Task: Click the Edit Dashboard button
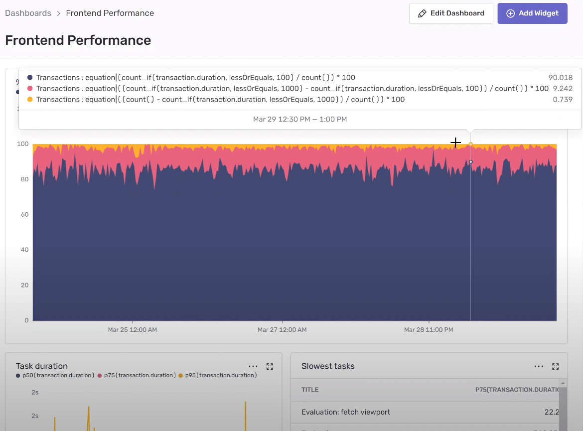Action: pyautogui.click(x=451, y=13)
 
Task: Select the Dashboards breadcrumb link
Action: pyautogui.click(x=28, y=13)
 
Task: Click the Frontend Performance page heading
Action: pyautogui.click(x=78, y=40)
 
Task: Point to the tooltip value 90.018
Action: pyautogui.click(x=560, y=78)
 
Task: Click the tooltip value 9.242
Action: pyautogui.click(x=563, y=89)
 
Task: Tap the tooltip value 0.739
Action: pyautogui.click(x=563, y=100)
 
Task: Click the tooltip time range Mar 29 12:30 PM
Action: pyautogui.click(x=299, y=119)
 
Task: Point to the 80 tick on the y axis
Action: pyautogui.click(x=23, y=179)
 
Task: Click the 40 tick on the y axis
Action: pyautogui.click(x=23, y=250)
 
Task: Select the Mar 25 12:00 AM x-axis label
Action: pyautogui.click(x=133, y=330)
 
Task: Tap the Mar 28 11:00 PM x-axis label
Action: pyautogui.click(x=429, y=330)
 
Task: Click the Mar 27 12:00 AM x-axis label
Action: pyautogui.click(x=282, y=330)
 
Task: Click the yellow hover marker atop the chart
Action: pyautogui.click(x=470, y=144)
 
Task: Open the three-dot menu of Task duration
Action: pyautogui.click(x=253, y=366)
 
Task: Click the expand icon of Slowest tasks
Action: pyautogui.click(x=556, y=366)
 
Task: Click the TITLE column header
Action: pyautogui.click(x=310, y=390)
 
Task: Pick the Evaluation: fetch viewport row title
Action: pyautogui.click(x=346, y=412)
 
